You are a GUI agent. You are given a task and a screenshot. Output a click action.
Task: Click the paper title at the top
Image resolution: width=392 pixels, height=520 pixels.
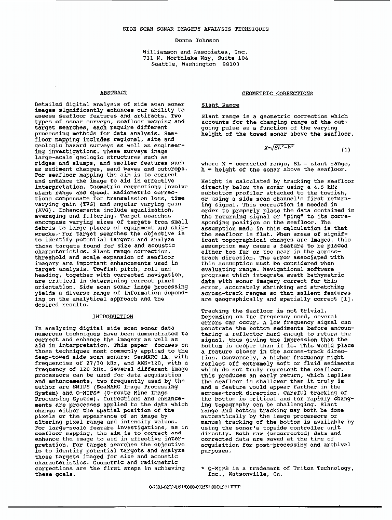point(196,29)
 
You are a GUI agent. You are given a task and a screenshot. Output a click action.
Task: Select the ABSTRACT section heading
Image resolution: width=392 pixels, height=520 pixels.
point(113,93)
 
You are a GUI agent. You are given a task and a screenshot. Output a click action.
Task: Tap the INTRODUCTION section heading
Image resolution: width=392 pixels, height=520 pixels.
point(113,316)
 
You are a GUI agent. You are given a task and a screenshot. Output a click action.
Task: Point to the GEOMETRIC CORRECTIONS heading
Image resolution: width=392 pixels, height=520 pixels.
point(278,94)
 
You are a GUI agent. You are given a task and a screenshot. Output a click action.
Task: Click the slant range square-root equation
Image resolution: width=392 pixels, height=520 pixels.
point(279,148)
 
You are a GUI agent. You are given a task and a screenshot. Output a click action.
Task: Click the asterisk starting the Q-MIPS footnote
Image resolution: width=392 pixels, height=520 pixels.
point(203,469)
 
